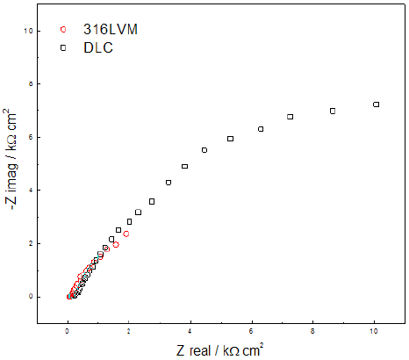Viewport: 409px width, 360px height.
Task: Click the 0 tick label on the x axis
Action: click(68, 334)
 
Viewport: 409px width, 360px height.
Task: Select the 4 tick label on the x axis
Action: click(190, 334)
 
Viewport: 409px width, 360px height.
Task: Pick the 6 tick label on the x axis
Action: click(252, 334)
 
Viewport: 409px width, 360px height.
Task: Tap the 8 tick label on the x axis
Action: click(313, 334)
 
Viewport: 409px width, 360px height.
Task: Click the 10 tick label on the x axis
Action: click(375, 334)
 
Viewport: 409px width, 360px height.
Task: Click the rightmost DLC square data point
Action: click(376, 104)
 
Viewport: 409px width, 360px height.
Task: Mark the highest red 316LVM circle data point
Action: click(126, 234)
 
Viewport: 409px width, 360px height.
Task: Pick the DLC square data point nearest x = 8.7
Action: click(333, 111)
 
